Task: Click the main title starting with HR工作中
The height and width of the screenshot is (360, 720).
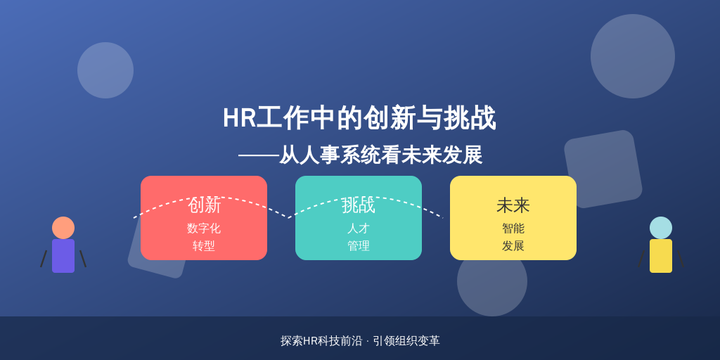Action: [x=359, y=118]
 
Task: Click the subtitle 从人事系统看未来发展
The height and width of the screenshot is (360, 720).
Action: [x=380, y=155]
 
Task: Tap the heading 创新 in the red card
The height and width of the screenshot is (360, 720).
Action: [x=205, y=205]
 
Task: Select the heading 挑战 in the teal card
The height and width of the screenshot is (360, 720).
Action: [x=359, y=205]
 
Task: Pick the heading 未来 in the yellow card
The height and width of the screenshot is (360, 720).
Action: [x=513, y=206]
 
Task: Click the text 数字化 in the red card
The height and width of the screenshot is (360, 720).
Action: [x=204, y=229]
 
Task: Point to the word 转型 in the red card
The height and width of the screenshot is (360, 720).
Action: [x=204, y=246]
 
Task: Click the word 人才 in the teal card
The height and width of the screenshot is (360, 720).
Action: [x=359, y=229]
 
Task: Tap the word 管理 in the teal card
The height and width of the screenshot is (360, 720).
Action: [x=359, y=246]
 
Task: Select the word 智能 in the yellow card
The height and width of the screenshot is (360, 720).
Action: [x=513, y=229]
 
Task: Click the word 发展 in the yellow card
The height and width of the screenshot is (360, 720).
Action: [x=513, y=246]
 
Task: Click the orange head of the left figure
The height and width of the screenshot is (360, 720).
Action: [x=63, y=228]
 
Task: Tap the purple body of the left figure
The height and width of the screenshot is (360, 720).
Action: [x=63, y=256]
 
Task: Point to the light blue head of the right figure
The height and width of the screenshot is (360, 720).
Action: [x=661, y=228]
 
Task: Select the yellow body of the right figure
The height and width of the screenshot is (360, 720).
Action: [x=661, y=256]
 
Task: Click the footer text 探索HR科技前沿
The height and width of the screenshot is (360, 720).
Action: [x=321, y=341]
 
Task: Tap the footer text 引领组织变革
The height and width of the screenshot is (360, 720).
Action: [x=406, y=341]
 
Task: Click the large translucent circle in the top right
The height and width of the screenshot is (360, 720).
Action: [x=633, y=56]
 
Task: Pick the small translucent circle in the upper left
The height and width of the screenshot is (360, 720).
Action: [x=105, y=70]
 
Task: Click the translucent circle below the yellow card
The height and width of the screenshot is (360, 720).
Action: [x=492, y=285]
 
